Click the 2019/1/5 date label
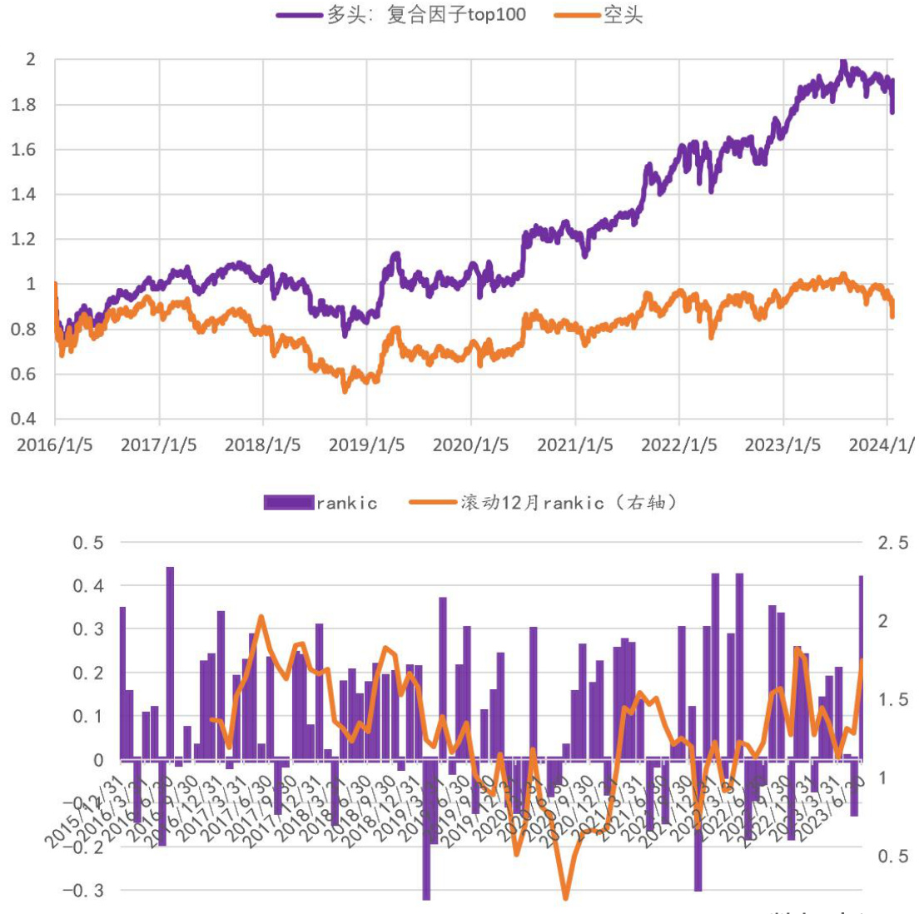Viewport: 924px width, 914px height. point(366,445)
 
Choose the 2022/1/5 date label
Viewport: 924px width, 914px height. point(678,445)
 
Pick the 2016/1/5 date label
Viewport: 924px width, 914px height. point(55,445)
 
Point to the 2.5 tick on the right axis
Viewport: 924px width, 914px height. point(893,544)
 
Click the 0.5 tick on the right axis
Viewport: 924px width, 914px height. point(893,857)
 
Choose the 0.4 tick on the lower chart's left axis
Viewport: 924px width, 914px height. point(88,586)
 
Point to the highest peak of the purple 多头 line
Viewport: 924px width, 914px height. point(843,62)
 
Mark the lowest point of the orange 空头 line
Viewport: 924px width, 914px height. point(345,390)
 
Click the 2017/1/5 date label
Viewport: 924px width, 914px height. point(159,445)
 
